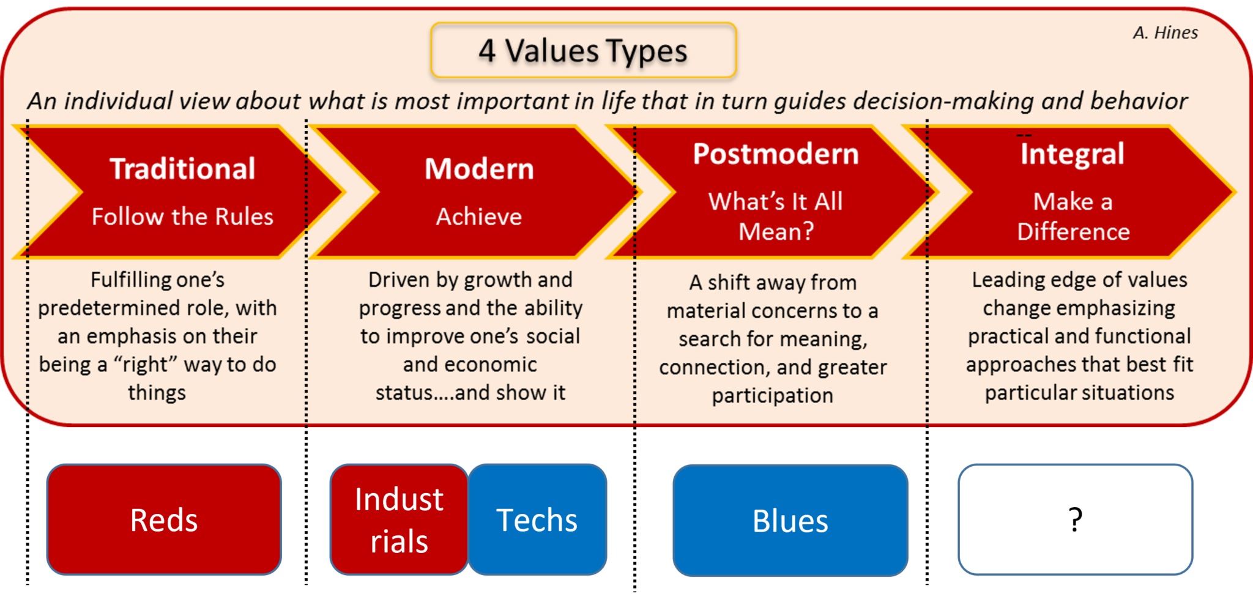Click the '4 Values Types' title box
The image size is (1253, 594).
click(x=583, y=51)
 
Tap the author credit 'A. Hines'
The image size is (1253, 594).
click(x=1165, y=32)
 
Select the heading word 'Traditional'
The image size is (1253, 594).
click(x=182, y=169)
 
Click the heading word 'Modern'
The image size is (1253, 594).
click(x=479, y=169)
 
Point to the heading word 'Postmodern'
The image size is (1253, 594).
click(x=775, y=154)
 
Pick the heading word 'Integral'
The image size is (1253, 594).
click(x=1072, y=154)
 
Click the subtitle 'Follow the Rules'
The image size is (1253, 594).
click(x=182, y=217)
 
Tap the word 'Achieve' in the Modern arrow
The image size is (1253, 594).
click(x=479, y=217)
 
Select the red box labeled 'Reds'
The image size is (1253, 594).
click(x=164, y=520)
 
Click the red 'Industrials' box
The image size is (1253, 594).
click(x=399, y=520)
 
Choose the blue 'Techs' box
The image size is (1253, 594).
click(x=537, y=520)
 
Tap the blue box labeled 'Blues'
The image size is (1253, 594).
click(x=790, y=521)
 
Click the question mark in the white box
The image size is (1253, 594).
click(x=1076, y=520)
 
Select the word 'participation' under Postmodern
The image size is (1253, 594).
click(x=772, y=396)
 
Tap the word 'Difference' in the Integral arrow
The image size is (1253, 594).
click(x=1073, y=232)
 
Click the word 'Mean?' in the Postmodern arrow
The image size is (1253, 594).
click(x=776, y=232)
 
